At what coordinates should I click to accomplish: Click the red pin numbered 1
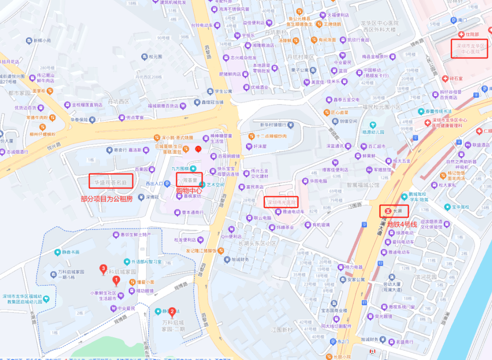click(x=116, y=280)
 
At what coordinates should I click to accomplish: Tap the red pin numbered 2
click(x=172, y=313)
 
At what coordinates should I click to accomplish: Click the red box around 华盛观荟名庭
click(x=111, y=181)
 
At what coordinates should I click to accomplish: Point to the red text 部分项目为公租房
click(x=106, y=199)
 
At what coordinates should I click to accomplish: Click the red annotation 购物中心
click(x=189, y=191)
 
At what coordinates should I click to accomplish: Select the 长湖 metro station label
click(x=394, y=211)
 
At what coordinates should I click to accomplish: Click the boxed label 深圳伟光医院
click(x=282, y=202)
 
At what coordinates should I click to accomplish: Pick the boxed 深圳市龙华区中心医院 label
click(x=469, y=49)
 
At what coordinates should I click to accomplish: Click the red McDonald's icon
click(x=198, y=149)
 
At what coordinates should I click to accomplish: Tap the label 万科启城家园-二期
click(x=174, y=325)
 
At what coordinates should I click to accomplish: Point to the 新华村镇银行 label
click(x=273, y=125)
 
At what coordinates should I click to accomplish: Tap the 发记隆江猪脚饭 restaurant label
click(x=200, y=250)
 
